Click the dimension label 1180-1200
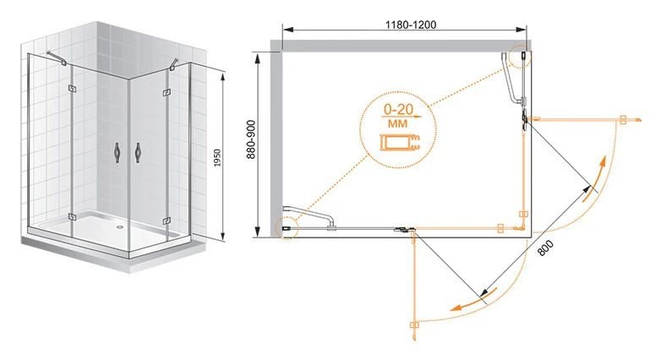(x=411, y=25)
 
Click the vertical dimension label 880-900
(x=251, y=139)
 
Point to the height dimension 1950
(x=217, y=158)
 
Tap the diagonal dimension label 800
(x=545, y=248)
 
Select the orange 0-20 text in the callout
(x=398, y=110)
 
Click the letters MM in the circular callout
(x=397, y=123)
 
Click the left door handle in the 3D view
(x=117, y=153)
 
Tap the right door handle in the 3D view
(x=138, y=153)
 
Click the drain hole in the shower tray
(x=121, y=225)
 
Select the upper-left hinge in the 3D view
(x=71, y=89)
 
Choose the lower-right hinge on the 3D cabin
(x=167, y=221)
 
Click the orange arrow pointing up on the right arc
(x=595, y=179)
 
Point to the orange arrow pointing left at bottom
(x=474, y=300)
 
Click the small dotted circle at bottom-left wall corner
(x=287, y=228)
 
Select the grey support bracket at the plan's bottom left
(x=310, y=217)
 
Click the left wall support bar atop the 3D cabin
(x=56, y=58)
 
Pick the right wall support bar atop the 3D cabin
(x=174, y=63)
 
